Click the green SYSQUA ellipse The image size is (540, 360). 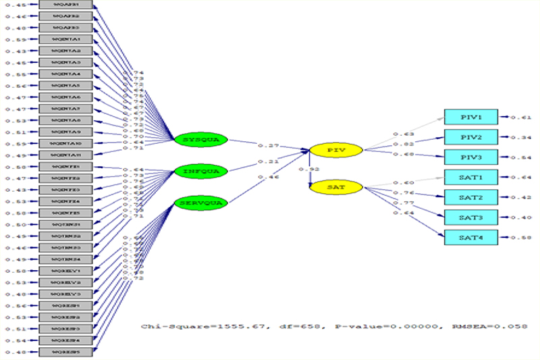pos(200,140)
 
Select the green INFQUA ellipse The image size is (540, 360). pos(200,172)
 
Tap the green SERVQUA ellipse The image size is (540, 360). pos(200,203)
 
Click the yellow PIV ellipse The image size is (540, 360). pos(336,149)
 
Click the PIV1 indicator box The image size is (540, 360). pos(470,118)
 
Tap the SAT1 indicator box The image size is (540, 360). pos(470,177)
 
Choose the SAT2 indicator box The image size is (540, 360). pos(470,197)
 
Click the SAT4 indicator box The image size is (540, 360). pos(470,237)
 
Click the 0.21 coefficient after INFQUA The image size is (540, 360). pos(269,161)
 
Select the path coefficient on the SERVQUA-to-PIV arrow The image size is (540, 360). pos(269,178)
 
